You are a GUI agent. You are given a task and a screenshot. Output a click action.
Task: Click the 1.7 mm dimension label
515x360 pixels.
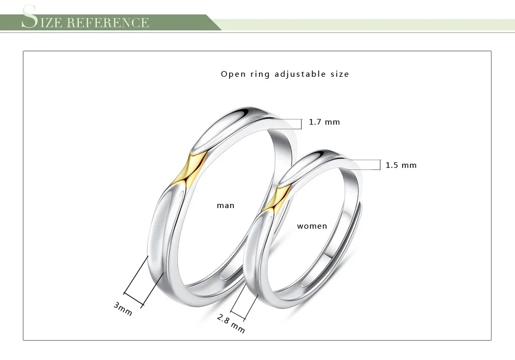(x=324, y=122)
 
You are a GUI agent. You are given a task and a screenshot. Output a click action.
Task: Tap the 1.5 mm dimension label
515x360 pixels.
(x=401, y=165)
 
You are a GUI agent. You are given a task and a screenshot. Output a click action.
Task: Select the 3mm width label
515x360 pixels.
(x=123, y=309)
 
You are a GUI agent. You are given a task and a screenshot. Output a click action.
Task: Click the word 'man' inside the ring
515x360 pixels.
(x=226, y=205)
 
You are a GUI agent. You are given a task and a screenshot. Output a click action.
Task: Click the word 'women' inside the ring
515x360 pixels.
(x=312, y=226)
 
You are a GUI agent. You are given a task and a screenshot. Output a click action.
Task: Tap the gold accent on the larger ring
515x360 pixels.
(x=190, y=169)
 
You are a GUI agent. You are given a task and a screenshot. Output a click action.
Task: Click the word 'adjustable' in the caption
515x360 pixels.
(x=297, y=74)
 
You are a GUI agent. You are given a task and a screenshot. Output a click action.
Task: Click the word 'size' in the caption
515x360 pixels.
(x=340, y=74)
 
